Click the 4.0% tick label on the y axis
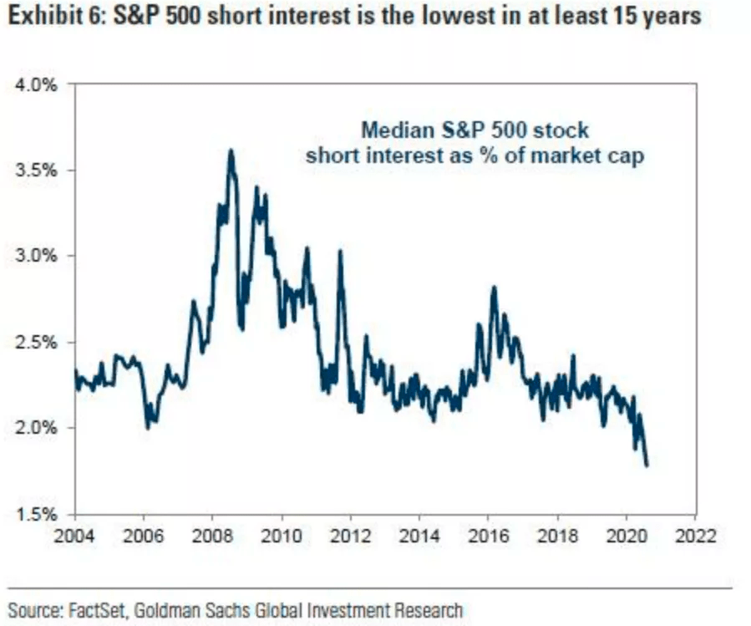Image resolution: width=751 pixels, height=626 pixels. [37, 84]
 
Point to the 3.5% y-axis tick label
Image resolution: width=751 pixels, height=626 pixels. [37, 170]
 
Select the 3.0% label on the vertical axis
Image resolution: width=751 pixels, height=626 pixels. [37, 256]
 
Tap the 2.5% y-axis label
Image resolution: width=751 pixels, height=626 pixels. [37, 342]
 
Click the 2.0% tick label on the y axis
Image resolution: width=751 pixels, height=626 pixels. [37, 428]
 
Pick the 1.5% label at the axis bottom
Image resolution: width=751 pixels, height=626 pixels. [37, 513]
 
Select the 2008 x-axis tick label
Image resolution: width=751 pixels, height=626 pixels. [213, 536]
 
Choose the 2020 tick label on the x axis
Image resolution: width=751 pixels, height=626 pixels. [627, 536]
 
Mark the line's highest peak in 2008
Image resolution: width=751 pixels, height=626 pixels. [231, 150]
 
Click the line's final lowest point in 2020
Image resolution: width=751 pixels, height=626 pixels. [647, 465]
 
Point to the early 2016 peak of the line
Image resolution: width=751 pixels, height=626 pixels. [494, 288]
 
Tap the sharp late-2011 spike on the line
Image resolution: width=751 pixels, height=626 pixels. [340, 251]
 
